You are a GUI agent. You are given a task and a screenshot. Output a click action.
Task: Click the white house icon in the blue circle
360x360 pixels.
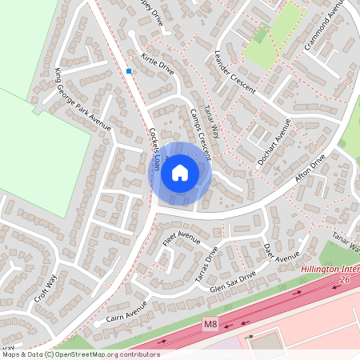click(x=180, y=173)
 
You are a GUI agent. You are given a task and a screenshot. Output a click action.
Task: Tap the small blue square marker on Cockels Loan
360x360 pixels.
click(x=128, y=71)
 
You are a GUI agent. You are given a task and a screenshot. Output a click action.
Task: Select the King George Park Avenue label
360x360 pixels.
click(x=82, y=100)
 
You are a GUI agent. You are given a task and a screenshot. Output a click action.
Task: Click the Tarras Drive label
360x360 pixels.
click(x=207, y=264)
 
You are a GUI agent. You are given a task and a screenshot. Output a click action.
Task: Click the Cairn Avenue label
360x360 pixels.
click(x=127, y=313)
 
